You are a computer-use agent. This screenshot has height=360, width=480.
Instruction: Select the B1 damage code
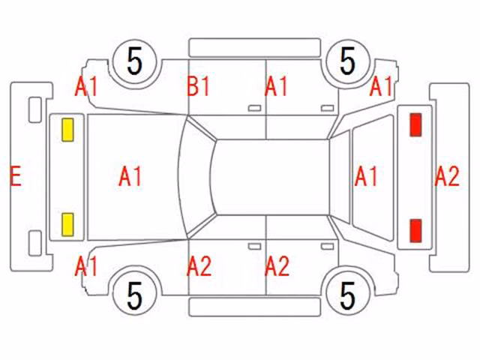point(198,86)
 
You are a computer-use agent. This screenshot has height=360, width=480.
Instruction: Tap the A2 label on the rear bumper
point(447,176)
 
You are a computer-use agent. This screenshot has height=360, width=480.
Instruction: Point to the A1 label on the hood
point(130,176)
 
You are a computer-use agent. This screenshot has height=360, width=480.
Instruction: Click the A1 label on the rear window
point(366,176)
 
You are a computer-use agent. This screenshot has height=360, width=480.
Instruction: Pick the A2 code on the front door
point(199,266)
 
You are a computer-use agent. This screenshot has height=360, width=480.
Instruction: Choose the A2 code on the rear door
point(277,266)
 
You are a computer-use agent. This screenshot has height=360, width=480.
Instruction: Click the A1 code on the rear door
point(276,86)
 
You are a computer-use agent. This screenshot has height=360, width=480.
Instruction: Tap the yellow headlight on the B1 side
point(67,130)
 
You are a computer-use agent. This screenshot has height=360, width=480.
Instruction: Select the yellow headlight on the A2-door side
point(67,225)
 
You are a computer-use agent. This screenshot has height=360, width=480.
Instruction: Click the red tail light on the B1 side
point(415,124)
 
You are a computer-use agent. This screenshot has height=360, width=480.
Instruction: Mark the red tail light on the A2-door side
point(415,231)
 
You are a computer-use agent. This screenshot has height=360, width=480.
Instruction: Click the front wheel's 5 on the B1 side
point(135,61)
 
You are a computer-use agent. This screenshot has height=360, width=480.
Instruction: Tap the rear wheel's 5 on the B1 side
point(347,61)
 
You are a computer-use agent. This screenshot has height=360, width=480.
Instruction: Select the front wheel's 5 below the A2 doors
point(135,295)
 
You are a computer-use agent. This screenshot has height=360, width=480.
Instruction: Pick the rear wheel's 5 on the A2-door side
point(347,295)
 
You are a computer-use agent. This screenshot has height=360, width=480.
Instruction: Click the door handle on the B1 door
point(254,108)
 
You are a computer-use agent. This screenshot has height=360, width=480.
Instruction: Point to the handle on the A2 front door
point(254,247)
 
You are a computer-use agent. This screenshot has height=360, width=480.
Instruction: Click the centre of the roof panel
point(271,177)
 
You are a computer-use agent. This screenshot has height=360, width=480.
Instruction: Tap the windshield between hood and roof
point(196,177)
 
